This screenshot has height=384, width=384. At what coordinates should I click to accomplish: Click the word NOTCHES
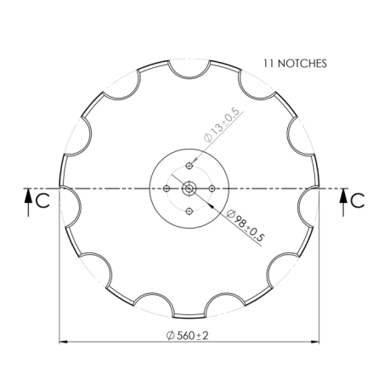pos(302,63)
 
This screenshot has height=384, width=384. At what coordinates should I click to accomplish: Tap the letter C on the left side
pos(42,200)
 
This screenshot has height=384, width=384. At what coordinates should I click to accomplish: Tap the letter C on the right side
pos(357,200)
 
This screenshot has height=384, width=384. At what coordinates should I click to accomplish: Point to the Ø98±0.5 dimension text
pos(246,225)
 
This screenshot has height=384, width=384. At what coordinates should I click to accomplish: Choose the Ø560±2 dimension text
pos(188,335)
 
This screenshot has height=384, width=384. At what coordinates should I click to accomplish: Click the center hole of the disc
pos(188,188)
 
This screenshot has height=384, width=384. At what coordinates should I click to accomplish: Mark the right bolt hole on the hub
pos(208,188)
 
